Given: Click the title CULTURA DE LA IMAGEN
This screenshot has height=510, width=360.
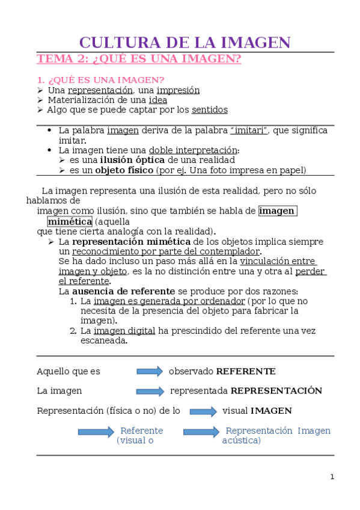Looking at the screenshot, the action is coord(185,43).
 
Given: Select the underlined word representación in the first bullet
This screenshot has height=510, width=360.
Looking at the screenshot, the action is coord(100,90).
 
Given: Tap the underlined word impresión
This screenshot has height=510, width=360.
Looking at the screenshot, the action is coord(178,90).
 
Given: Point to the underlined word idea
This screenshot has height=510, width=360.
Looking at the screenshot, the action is coord(157,100).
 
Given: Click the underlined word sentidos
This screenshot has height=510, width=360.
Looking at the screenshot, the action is coord(210,110).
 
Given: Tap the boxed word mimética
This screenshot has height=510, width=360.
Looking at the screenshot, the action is coord(70,221).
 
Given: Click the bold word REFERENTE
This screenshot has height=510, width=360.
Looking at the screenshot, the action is coord(246,372).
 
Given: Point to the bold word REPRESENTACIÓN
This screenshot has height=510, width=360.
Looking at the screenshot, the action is coord(276,391).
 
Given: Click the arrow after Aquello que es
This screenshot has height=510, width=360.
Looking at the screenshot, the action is coord(150,372).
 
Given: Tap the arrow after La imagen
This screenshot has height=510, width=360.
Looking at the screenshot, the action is coord(150,392).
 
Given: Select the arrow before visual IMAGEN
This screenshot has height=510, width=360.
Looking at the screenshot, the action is coord(203,411).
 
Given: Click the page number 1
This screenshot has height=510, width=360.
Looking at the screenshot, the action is coord(332,477).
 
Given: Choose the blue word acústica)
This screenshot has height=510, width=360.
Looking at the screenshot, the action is coord(242,441).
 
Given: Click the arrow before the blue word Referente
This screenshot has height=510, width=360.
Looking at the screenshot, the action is coord(96,432).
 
